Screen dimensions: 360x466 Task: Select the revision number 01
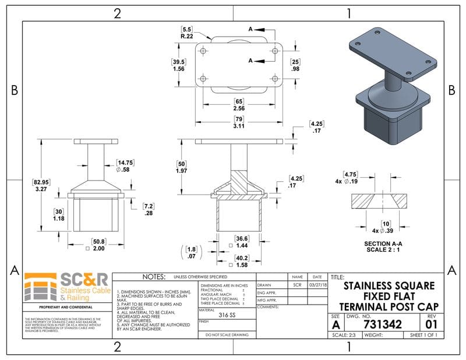tap(432, 323)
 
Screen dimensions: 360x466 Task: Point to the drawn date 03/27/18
tap(317, 285)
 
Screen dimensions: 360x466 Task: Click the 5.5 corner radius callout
tap(187, 29)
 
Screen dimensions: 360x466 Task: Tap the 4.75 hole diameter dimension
tap(350, 174)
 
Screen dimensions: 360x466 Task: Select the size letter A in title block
tap(336, 324)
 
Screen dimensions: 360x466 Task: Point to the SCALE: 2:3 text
tap(344, 336)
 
